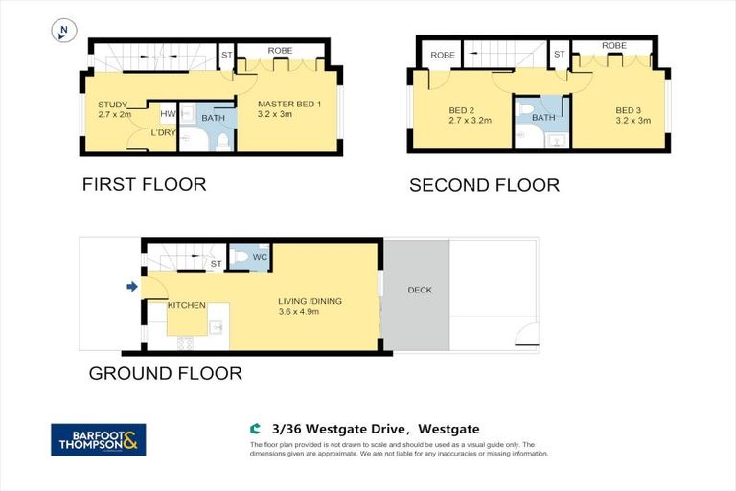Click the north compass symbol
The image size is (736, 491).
click(x=63, y=32)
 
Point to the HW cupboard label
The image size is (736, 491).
click(x=167, y=113)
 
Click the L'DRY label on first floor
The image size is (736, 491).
click(x=162, y=132)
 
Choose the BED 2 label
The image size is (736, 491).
click(x=463, y=110)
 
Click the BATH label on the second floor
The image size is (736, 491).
click(x=543, y=118)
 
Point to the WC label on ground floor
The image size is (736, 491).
click(x=260, y=257)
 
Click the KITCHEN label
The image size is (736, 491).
click(x=187, y=305)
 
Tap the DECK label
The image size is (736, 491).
click(x=420, y=290)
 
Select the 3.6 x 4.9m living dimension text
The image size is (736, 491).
click(x=303, y=312)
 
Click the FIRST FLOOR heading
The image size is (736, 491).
click(x=144, y=184)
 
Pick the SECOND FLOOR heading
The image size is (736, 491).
click(x=484, y=185)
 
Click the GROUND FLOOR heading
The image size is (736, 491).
click(x=165, y=373)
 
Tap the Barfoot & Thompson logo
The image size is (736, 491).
click(x=98, y=440)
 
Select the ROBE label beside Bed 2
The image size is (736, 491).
click(x=442, y=56)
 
